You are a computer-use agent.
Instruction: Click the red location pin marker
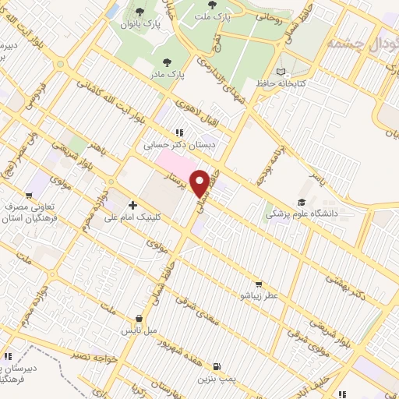[200, 183]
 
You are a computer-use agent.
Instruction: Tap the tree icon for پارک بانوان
[139, 11]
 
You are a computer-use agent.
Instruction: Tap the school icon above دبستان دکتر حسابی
[179, 132]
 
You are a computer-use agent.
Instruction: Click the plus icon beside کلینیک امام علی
[132, 206]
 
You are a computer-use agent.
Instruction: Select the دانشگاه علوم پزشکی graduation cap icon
[301, 202]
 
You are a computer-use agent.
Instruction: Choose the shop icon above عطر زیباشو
[258, 284]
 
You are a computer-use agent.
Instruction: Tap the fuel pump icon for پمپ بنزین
[216, 365]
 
